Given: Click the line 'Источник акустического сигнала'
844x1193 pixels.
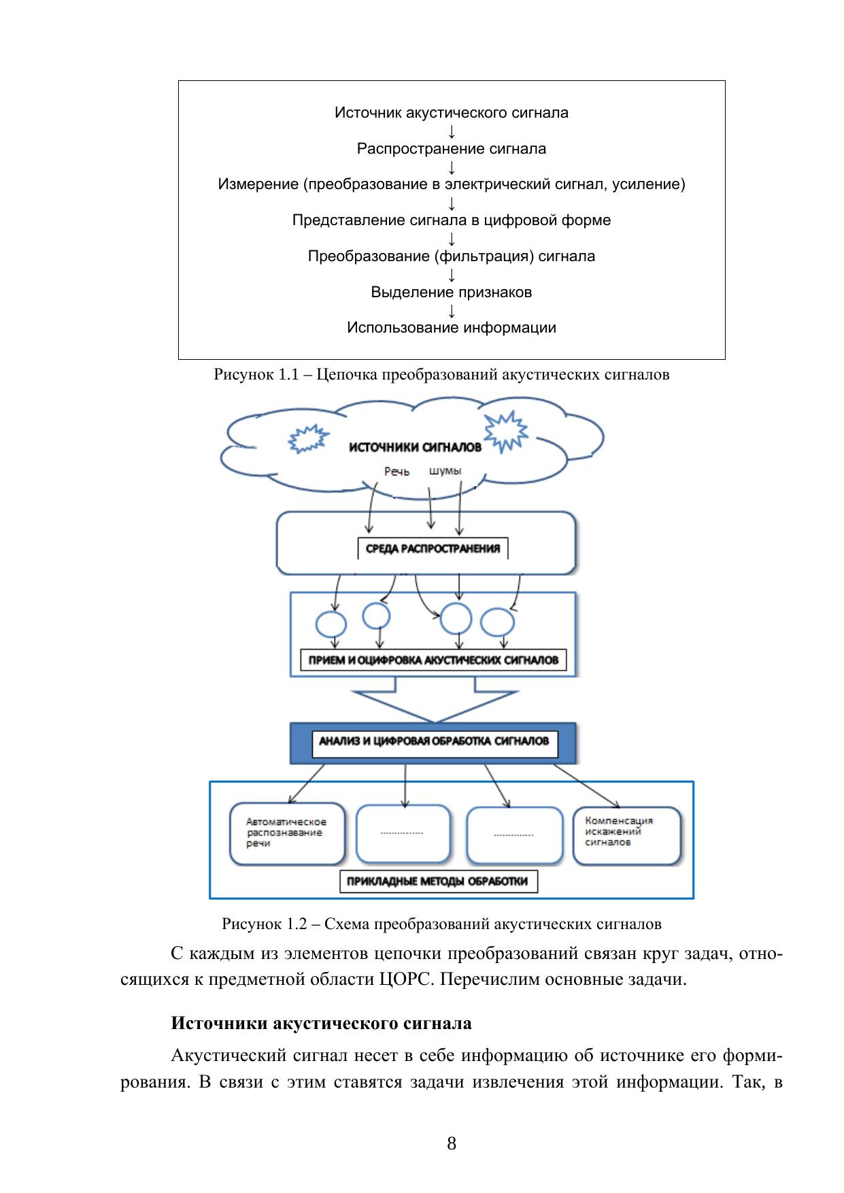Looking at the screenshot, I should tap(451, 113).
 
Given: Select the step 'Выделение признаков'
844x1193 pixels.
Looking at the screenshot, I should tap(451, 292).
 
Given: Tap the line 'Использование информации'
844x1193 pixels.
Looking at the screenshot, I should tap(451, 328).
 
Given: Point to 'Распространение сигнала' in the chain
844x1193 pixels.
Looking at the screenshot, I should tap(451, 149).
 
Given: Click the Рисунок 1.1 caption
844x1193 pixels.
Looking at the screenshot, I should tap(441, 375).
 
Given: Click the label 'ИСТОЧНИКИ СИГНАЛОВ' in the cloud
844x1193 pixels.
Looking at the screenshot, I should tap(415, 447).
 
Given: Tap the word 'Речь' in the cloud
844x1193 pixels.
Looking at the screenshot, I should tap(396, 471).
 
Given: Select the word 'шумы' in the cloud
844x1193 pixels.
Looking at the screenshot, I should tap(445, 471).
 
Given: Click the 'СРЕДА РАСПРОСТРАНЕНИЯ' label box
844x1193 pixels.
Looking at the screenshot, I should tap(433, 549).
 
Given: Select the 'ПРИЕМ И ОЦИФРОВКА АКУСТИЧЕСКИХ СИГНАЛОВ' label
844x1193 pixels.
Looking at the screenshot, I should tap(433, 660).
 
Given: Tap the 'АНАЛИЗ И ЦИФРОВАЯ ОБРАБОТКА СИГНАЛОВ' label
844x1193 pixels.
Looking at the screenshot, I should tap(433, 741).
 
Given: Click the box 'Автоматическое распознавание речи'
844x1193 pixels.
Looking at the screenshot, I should tap(287, 833).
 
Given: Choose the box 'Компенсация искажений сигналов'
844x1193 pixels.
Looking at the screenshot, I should tap(626, 833).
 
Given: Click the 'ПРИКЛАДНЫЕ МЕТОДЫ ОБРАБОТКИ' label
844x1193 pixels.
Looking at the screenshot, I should tap(437, 881).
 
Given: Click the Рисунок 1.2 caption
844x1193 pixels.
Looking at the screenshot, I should tap(441, 924).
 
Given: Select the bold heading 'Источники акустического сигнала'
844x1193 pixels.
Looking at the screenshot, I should tap(321, 1024).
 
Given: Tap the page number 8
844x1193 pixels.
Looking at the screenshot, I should tap(452, 1143).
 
